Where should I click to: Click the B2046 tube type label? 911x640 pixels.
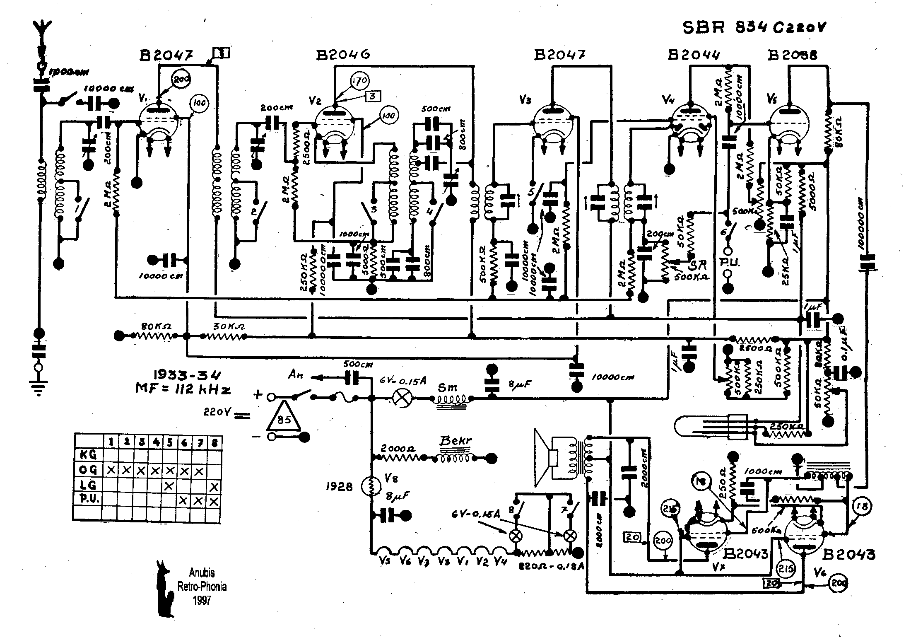(342, 55)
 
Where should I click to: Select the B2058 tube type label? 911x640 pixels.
(793, 56)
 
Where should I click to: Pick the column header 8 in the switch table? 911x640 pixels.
(214, 442)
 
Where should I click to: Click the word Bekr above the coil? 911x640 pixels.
(455, 441)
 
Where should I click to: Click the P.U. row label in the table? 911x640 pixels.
(88, 500)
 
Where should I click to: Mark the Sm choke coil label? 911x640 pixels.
(448, 388)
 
